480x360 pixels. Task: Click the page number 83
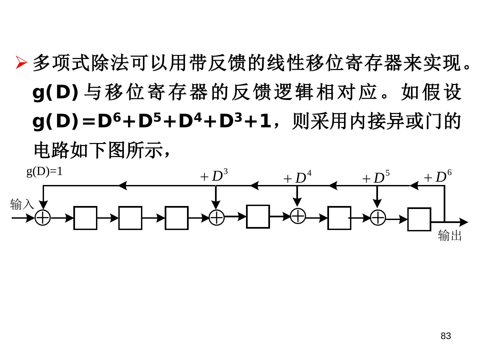pos(446,336)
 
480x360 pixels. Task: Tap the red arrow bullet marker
pos(21,62)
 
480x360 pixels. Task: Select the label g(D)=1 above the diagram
pos(44,171)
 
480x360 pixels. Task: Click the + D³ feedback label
pos(214,176)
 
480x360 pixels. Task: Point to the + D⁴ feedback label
pos(297,178)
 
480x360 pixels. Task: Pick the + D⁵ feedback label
pos(376,178)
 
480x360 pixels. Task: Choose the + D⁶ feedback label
pos(437,177)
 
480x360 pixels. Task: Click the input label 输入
pos(22,204)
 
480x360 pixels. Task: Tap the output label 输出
pos(450,235)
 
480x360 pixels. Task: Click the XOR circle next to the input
pos(43,218)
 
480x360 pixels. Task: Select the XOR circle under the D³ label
pos(217,217)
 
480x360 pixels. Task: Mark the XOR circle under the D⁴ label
pos(298,216)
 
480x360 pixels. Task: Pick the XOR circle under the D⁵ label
pos(378,217)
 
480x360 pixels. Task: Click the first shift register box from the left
pos(85,218)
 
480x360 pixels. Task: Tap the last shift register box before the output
pos(419,219)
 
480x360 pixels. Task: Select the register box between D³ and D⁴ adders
pos(258,217)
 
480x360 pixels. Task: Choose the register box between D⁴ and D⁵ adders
pos(339,218)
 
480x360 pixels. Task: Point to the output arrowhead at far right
pos(464,222)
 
